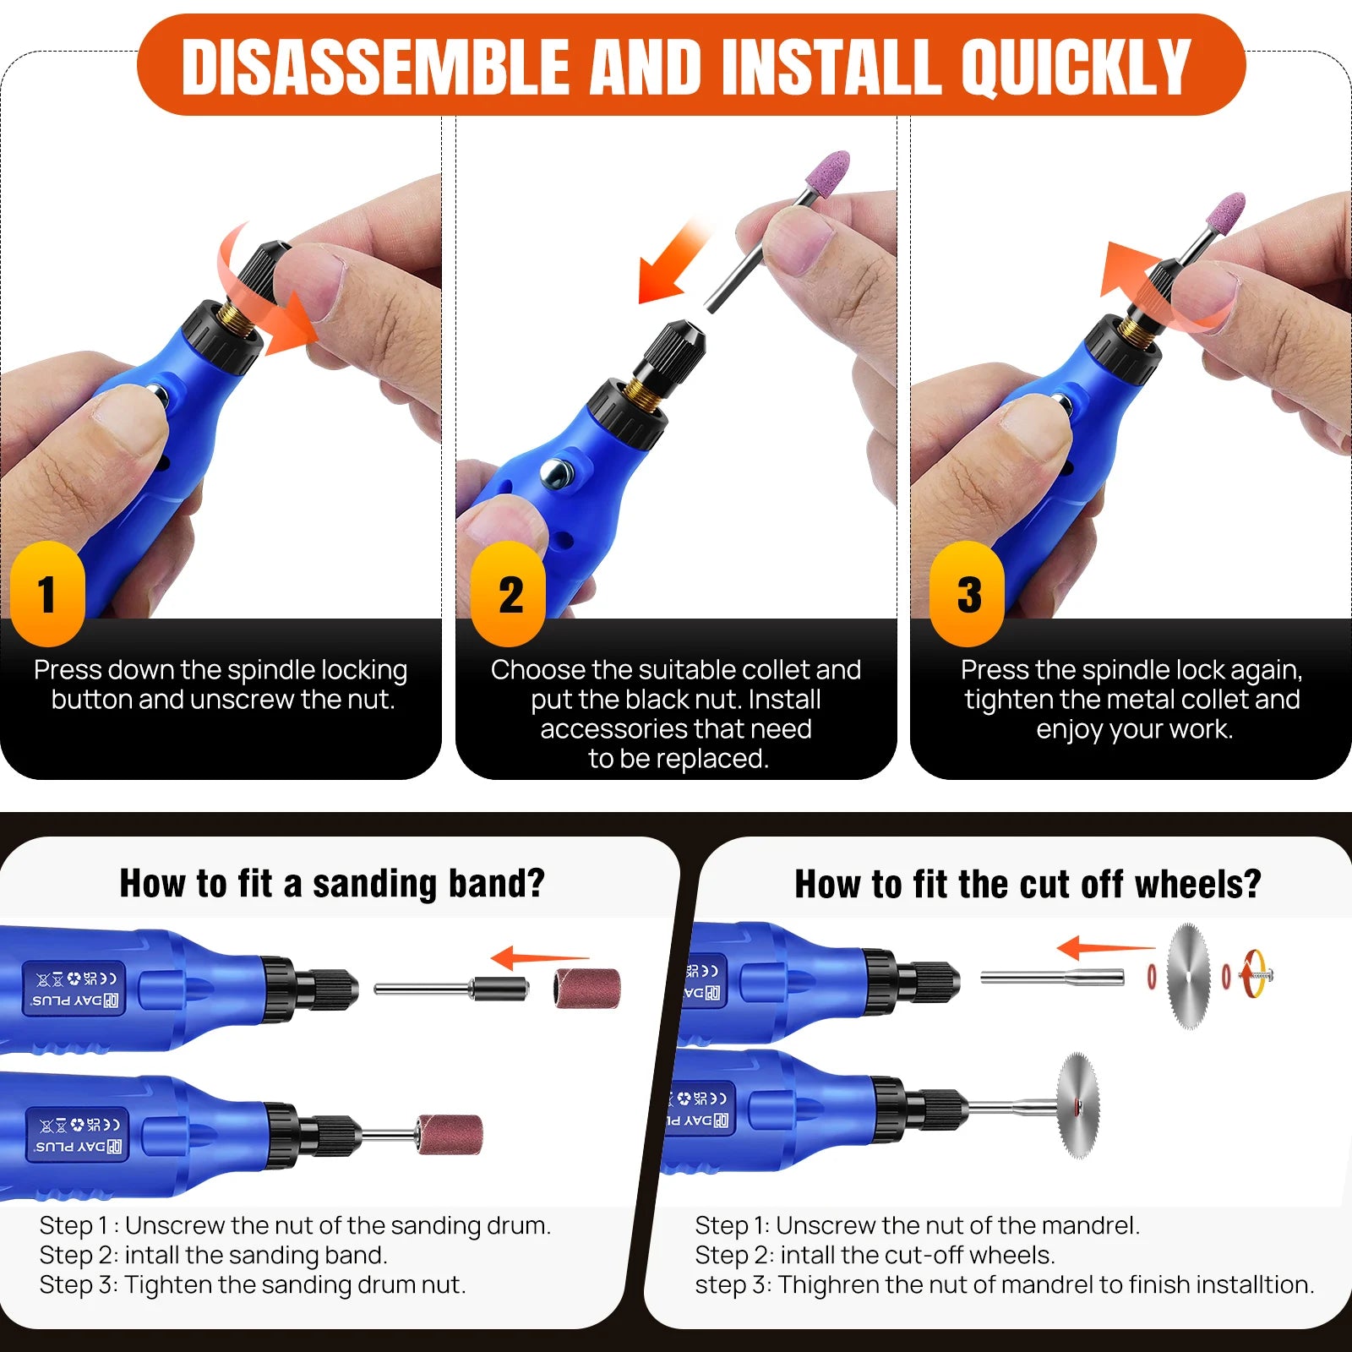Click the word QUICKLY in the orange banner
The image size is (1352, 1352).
click(x=1075, y=68)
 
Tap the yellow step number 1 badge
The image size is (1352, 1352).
click(x=47, y=593)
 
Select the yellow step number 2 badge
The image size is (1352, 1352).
click(x=510, y=594)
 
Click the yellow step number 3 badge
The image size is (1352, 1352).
click(x=968, y=594)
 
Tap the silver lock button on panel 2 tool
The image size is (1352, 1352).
click(x=555, y=472)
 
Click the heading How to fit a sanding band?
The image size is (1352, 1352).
click(x=332, y=884)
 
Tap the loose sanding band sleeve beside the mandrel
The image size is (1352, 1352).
click(x=587, y=988)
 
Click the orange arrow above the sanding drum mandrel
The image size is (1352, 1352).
click(x=538, y=958)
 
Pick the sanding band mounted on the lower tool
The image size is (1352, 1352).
click(x=450, y=1132)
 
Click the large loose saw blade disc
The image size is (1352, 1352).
click(x=1188, y=976)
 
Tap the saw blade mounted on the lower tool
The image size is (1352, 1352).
click(x=1077, y=1105)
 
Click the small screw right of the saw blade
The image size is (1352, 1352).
click(x=1257, y=974)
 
